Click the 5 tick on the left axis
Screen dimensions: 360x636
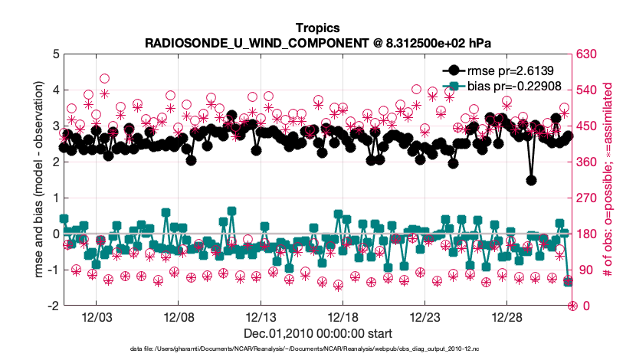point(56,54)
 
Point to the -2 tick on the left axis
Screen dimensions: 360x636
point(54,306)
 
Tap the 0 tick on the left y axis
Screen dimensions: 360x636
point(56,234)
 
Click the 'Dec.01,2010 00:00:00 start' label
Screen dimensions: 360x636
point(317,334)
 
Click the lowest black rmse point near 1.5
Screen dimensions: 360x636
point(531,181)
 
